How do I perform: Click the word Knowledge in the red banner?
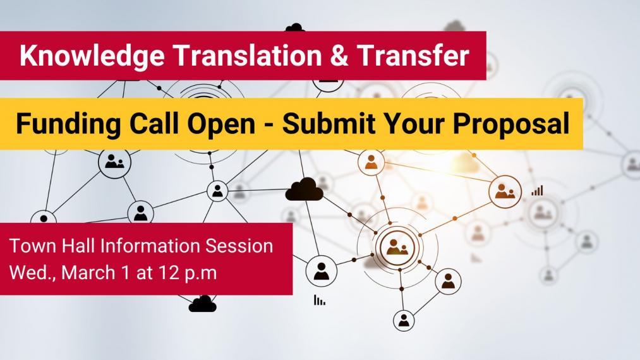pos(92,56)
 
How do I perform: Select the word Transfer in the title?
pos(413,55)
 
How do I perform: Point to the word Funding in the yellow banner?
pos(69,124)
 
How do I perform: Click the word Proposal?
pos(511,124)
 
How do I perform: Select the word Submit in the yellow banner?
pos(329,123)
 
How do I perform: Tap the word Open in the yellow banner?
pos(221,124)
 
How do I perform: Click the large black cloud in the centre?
pos(304,190)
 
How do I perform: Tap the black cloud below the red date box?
pos(202,304)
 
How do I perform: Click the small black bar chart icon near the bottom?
pos(320,300)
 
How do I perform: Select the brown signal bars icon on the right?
pos(537,190)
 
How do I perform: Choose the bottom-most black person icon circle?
pos(404,320)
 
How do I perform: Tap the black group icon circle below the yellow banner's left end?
pos(115,162)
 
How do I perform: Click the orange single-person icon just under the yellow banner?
pos(371,162)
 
